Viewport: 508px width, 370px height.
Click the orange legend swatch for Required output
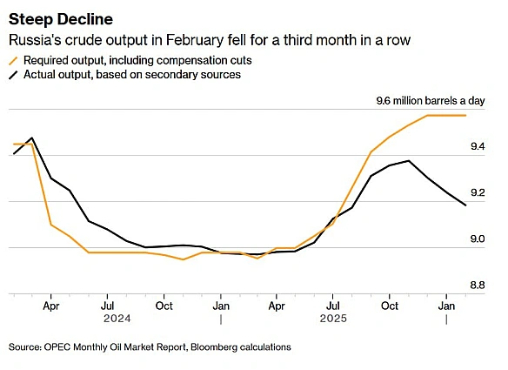(13, 60)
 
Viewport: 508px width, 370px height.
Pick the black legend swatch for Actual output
(13, 75)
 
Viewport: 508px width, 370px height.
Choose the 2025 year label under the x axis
(334, 319)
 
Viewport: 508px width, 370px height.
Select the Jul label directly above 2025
(333, 306)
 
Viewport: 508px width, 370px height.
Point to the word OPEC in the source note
(58, 346)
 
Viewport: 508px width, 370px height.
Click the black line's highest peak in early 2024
(32, 138)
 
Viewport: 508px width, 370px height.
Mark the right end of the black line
(465, 205)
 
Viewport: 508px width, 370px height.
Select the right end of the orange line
(465, 115)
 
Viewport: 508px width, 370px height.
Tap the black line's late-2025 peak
(408, 160)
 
